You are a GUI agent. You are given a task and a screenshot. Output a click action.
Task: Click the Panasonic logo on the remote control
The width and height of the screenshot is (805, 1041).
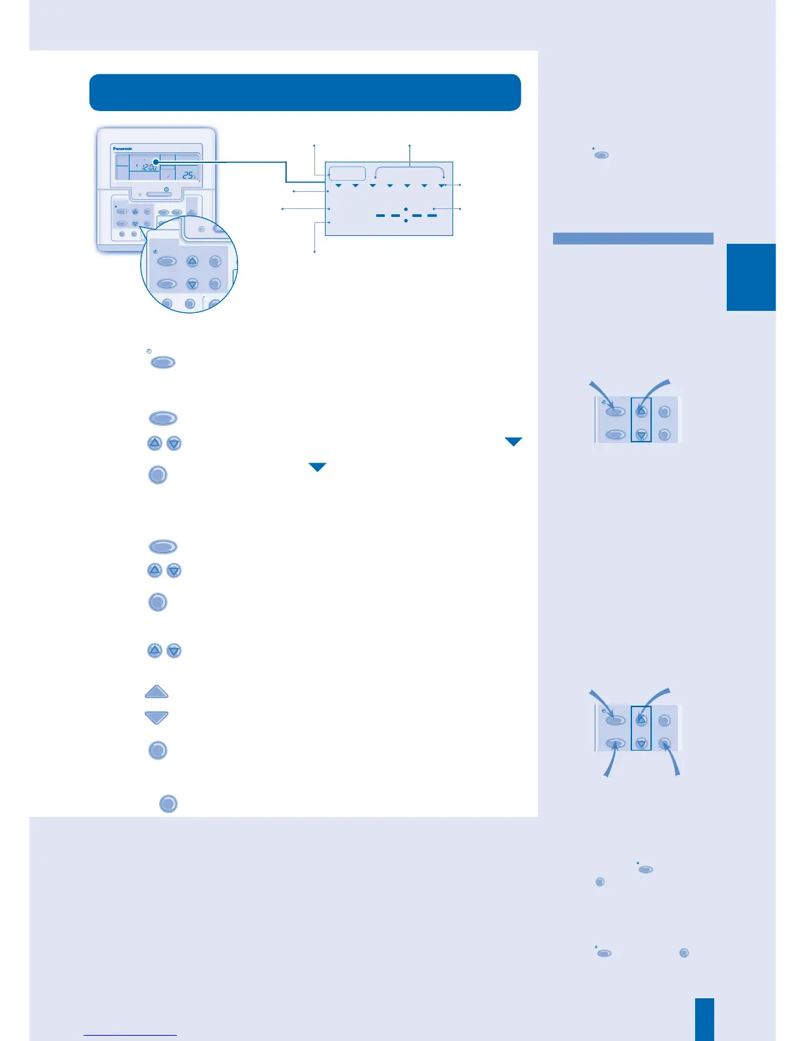click(123, 149)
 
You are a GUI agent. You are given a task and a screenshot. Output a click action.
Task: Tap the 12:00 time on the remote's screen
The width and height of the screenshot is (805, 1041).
click(149, 168)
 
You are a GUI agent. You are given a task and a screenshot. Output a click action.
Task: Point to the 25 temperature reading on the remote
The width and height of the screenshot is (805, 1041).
click(188, 175)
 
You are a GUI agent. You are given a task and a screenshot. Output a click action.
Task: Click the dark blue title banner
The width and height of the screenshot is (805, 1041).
click(305, 93)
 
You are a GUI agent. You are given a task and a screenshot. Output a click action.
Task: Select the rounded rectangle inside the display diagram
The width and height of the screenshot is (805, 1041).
click(347, 173)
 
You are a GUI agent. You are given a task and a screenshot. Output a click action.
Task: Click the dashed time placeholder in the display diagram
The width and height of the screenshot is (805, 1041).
click(406, 216)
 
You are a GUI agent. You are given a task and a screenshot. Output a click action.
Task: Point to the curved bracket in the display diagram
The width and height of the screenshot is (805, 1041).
click(409, 170)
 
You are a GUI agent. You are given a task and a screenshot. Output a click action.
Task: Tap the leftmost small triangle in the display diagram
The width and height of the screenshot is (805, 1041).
click(338, 186)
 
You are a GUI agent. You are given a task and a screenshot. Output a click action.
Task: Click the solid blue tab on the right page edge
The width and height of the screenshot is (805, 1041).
click(751, 277)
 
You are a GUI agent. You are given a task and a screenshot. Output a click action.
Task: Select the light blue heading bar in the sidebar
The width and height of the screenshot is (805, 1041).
click(633, 239)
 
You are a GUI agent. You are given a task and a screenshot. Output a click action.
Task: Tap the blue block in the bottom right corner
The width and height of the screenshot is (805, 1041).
click(704, 1019)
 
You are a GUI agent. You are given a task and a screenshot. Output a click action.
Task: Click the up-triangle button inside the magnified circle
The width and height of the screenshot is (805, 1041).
click(192, 262)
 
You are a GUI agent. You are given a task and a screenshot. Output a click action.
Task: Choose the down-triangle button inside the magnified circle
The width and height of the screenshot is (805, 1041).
click(192, 285)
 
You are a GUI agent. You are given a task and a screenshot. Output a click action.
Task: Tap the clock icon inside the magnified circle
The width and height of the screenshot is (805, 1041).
click(155, 252)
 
